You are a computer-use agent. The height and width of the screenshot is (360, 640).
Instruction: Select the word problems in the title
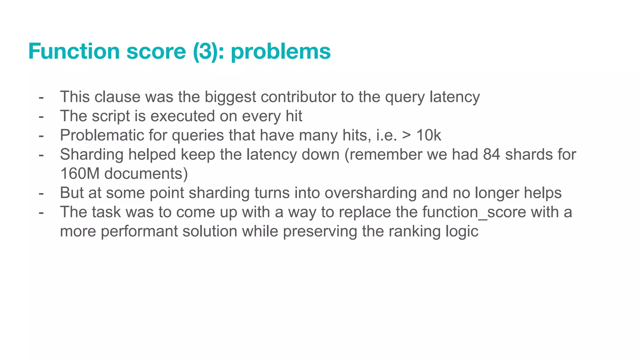click(x=281, y=52)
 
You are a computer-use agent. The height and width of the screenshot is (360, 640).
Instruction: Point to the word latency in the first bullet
click(x=455, y=97)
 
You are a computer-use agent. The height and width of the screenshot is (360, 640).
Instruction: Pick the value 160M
click(x=80, y=174)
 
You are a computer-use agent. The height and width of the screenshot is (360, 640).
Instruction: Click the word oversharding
click(x=371, y=193)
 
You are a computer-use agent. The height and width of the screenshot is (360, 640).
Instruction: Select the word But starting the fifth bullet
click(x=72, y=193)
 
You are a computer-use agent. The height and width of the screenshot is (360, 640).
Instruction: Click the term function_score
click(x=474, y=212)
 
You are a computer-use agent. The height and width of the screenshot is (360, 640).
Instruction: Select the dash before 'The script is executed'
click(x=41, y=116)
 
